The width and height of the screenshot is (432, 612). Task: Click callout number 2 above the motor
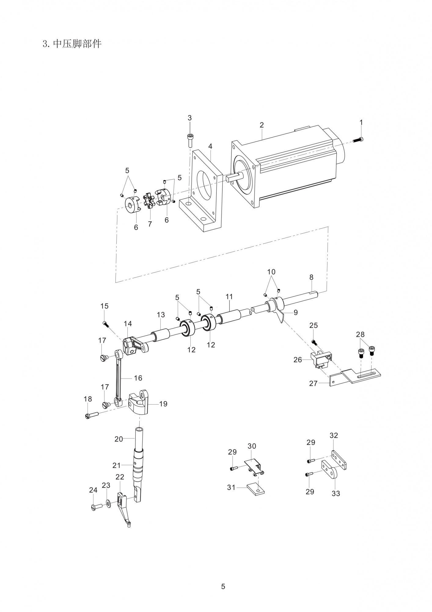[262, 125]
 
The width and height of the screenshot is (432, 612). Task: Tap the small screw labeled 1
[358, 140]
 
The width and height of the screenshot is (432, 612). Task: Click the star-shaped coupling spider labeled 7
[149, 200]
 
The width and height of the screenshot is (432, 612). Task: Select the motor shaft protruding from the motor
[234, 177]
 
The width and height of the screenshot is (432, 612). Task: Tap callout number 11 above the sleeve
[229, 297]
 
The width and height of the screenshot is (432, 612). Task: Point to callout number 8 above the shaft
[311, 277]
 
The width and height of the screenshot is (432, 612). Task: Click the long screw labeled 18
[91, 415]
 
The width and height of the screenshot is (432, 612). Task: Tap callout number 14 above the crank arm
[128, 323]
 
